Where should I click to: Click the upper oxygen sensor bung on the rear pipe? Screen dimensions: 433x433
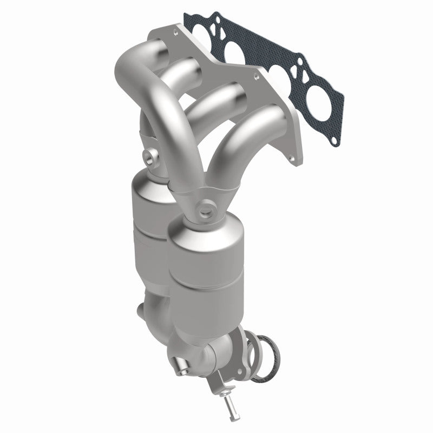point(148,157)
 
